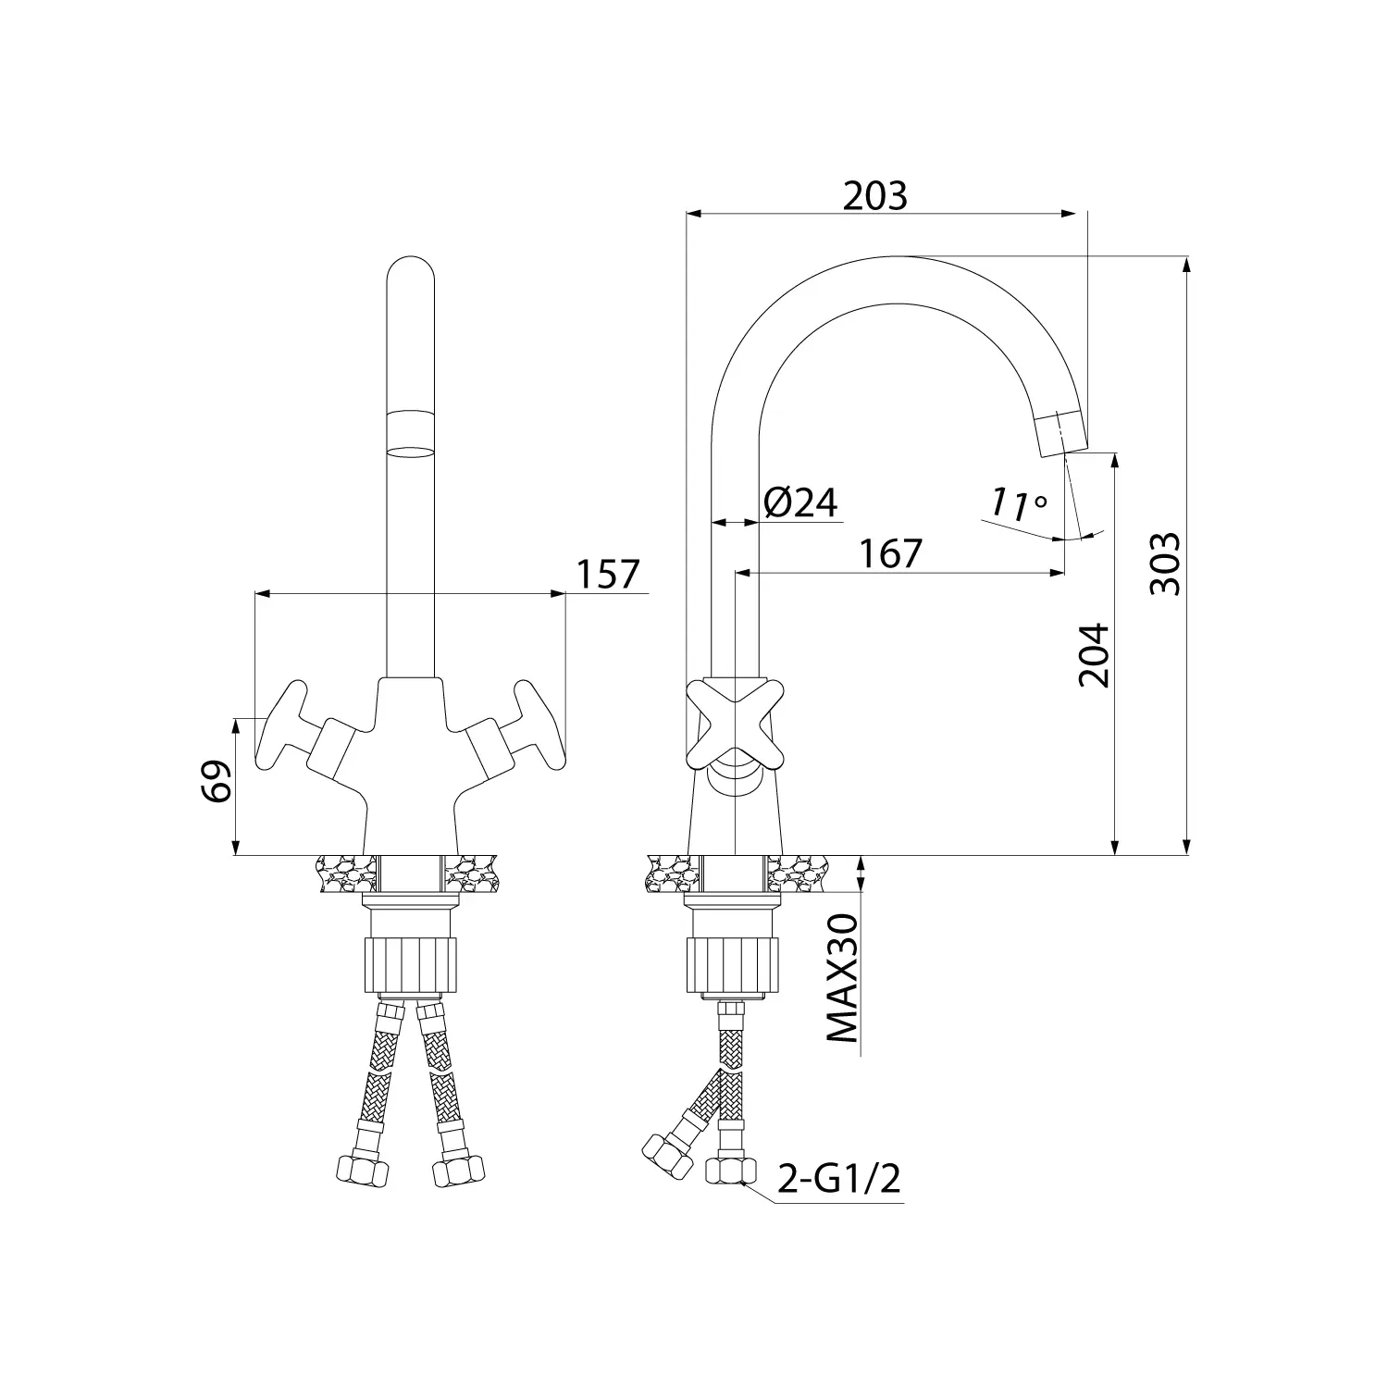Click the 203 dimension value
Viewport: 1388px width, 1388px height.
(875, 196)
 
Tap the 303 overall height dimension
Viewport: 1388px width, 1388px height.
(1165, 564)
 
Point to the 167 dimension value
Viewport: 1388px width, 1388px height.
(891, 553)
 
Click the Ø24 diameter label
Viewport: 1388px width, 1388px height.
(801, 502)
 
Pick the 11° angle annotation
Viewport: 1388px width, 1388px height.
(1018, 504)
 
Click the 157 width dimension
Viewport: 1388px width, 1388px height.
(608, 575)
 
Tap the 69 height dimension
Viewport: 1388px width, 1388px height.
(215, 782)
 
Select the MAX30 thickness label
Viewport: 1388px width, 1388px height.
(841, 977)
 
